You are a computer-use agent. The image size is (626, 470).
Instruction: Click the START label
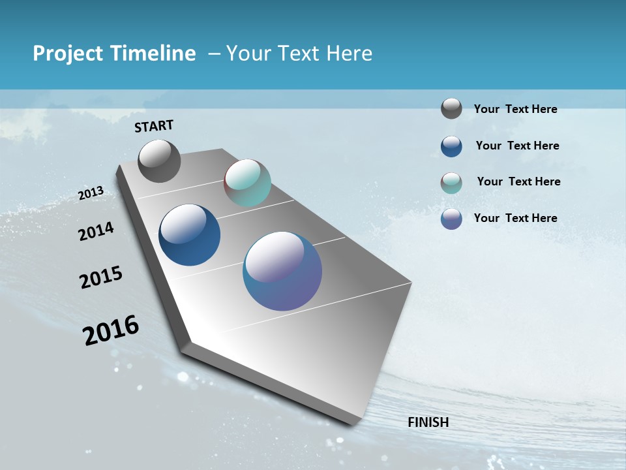coord(154,126)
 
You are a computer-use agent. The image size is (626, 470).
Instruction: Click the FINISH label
coord(428,422)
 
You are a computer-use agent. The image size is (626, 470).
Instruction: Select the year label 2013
coord(91,193)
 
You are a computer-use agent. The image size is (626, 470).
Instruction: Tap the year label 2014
coord(97,231)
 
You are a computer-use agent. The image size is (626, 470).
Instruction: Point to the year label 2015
coord(101,277)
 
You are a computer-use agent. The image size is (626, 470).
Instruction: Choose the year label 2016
coord(111,330)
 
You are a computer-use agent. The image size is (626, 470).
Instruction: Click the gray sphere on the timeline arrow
coord(159,161)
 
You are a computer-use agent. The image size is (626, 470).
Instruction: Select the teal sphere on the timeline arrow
coord(247,183)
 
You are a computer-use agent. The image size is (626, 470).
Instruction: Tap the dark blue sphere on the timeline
coord(189,235)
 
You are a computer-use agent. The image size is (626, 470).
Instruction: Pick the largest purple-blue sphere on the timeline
coord(282,271)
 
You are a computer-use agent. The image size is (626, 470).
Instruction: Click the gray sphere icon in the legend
coord(451,108)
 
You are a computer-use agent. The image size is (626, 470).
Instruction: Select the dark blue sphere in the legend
coord(451,146)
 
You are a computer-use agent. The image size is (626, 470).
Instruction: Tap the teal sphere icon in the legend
coord(451,183)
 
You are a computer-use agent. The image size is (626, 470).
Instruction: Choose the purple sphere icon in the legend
coord(451,219)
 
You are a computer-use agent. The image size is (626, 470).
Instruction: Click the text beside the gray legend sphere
coord(515,110)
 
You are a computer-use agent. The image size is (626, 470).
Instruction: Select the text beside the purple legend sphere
coord(515,218)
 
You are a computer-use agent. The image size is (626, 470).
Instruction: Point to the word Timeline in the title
coord(152,54)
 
